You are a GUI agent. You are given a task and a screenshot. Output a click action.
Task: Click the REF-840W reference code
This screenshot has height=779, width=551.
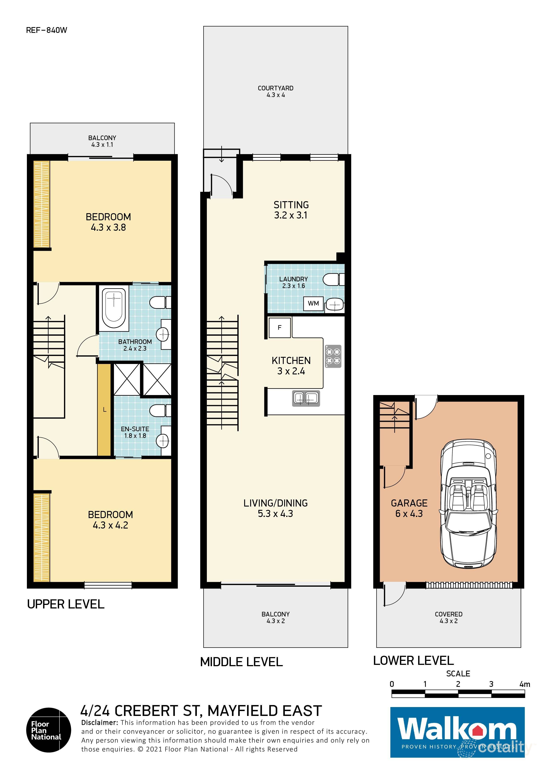[46, 30]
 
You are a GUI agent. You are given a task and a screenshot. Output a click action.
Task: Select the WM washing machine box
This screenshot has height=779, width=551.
[313, 303]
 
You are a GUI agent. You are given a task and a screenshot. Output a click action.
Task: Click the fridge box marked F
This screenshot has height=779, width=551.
[279, 327]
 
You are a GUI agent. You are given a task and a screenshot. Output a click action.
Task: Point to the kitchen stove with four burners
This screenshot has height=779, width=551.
[333, 356]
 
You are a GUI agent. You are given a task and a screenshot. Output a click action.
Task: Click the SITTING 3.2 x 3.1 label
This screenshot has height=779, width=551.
[291, 210]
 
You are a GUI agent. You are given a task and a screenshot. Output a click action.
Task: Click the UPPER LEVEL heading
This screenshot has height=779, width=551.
[66, 604]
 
